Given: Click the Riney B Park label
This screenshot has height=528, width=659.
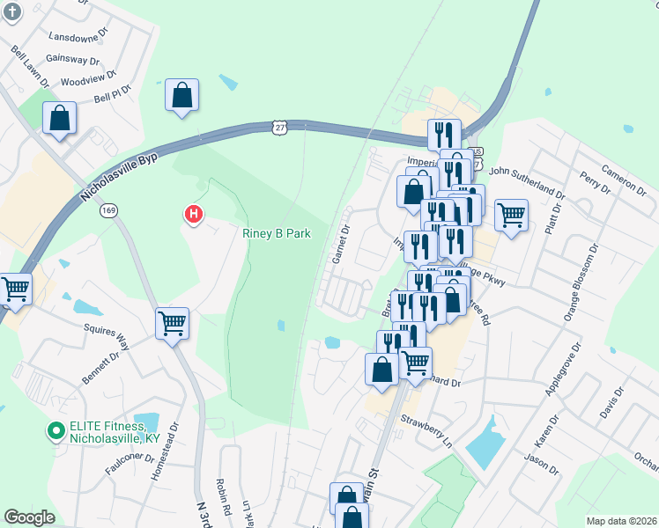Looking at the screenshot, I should click(x=277, y=234).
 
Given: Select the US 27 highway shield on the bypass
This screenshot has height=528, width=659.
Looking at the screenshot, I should click(x=279, y=128).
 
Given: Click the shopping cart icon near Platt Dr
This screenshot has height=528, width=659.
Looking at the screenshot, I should click(x=511, y=214).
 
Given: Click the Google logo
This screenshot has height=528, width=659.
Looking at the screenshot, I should click(x=29, y=517).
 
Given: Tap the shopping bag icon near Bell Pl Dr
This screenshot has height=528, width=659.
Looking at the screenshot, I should click(x=181, y=95).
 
